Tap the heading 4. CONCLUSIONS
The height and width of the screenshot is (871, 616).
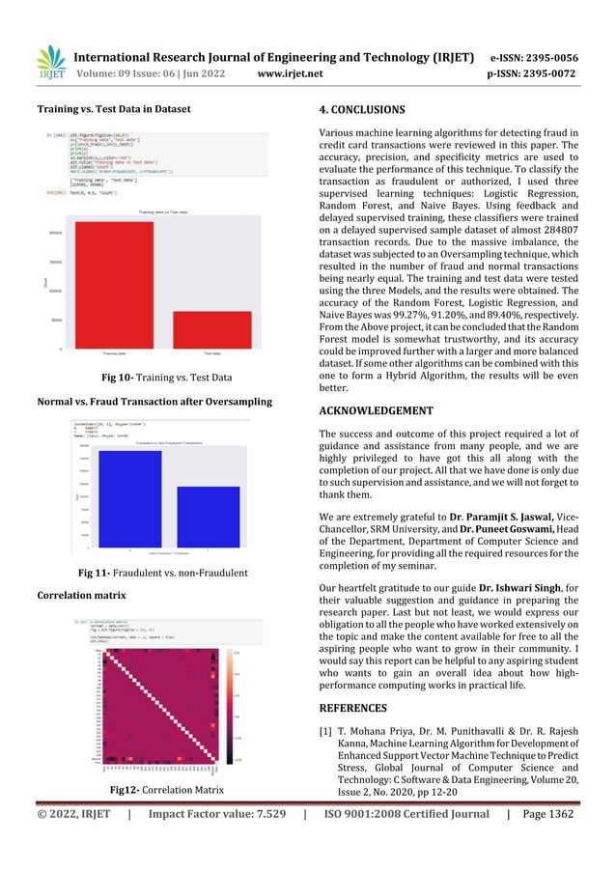[x=368, y=109]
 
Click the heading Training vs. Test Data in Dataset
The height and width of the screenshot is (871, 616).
[x=113, y=109]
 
